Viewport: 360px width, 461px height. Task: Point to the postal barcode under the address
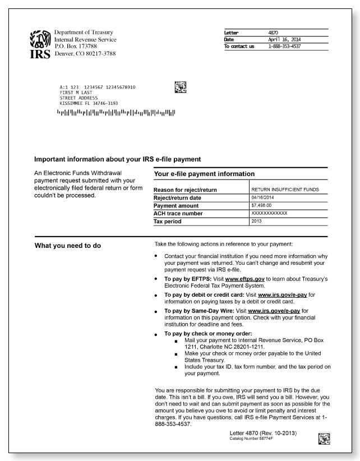[x=116, y=112]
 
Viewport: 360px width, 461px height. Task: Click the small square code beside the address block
[x=181, y=86]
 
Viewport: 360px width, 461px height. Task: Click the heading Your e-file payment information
[x=204, y=174]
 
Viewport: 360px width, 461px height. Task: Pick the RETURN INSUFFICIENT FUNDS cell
[x=285, y=190]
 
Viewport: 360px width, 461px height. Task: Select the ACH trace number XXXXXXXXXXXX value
[x=269, y=214]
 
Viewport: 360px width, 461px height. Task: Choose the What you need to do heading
[x=68, y=245]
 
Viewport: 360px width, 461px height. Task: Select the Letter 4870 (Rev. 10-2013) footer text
[x=263, y=434]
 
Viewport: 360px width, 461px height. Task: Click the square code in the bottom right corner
[x=324, y=439]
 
